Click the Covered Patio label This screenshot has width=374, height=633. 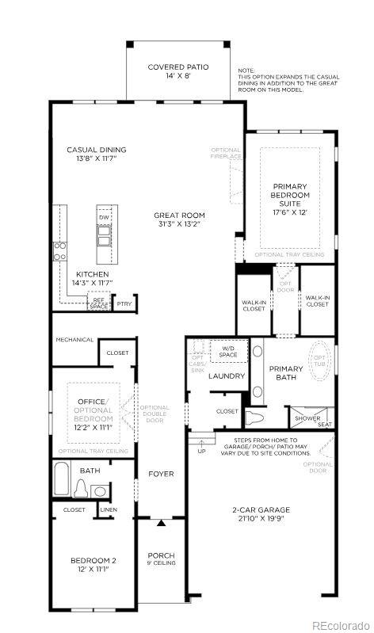pyautogui.click(x=178, y=67)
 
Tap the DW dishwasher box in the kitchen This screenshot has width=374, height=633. pyautogui.click(x=104, y=216)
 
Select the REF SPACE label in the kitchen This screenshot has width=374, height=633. pyautogui.click(x=98, y=303)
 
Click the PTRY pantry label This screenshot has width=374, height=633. pyautogui.click(x=124, y=303)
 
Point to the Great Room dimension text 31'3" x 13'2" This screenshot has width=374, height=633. pyautogui.click(x=179, y=224)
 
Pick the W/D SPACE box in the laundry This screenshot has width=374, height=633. pyautogui.click(x=228, y=351)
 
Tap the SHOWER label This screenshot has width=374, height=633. pyautogui.click(x=307, y=418)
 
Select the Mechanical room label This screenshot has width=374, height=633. pyautogui.click(x=74, y=340)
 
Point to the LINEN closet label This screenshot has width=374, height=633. pyautogui.click(x=108, y=510)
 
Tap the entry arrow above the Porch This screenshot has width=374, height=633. pyautogui.click(x=162, y=523)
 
